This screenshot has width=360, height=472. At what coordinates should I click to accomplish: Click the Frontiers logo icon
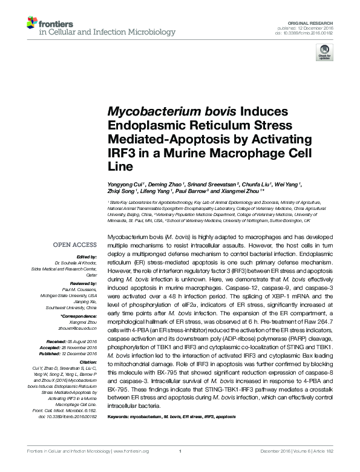[x=32, y=24]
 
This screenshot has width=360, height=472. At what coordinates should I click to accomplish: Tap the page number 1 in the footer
[x=180, y=468]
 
